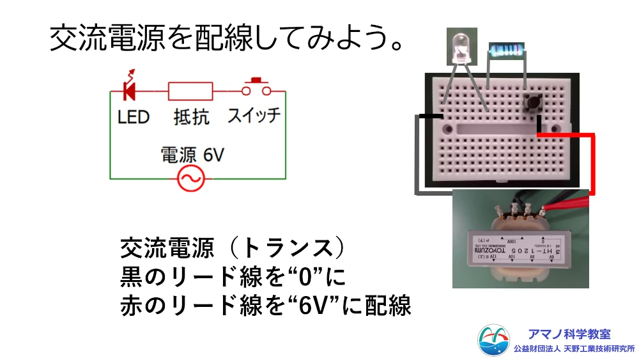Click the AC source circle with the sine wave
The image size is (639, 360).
click(190, 180)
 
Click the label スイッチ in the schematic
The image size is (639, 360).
click(254, 116)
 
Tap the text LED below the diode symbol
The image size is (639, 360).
click(134, 117)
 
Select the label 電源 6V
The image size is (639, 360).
click(192, 155)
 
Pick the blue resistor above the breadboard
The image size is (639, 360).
click(505, 51)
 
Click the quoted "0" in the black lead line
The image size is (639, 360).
click(300, 277)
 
